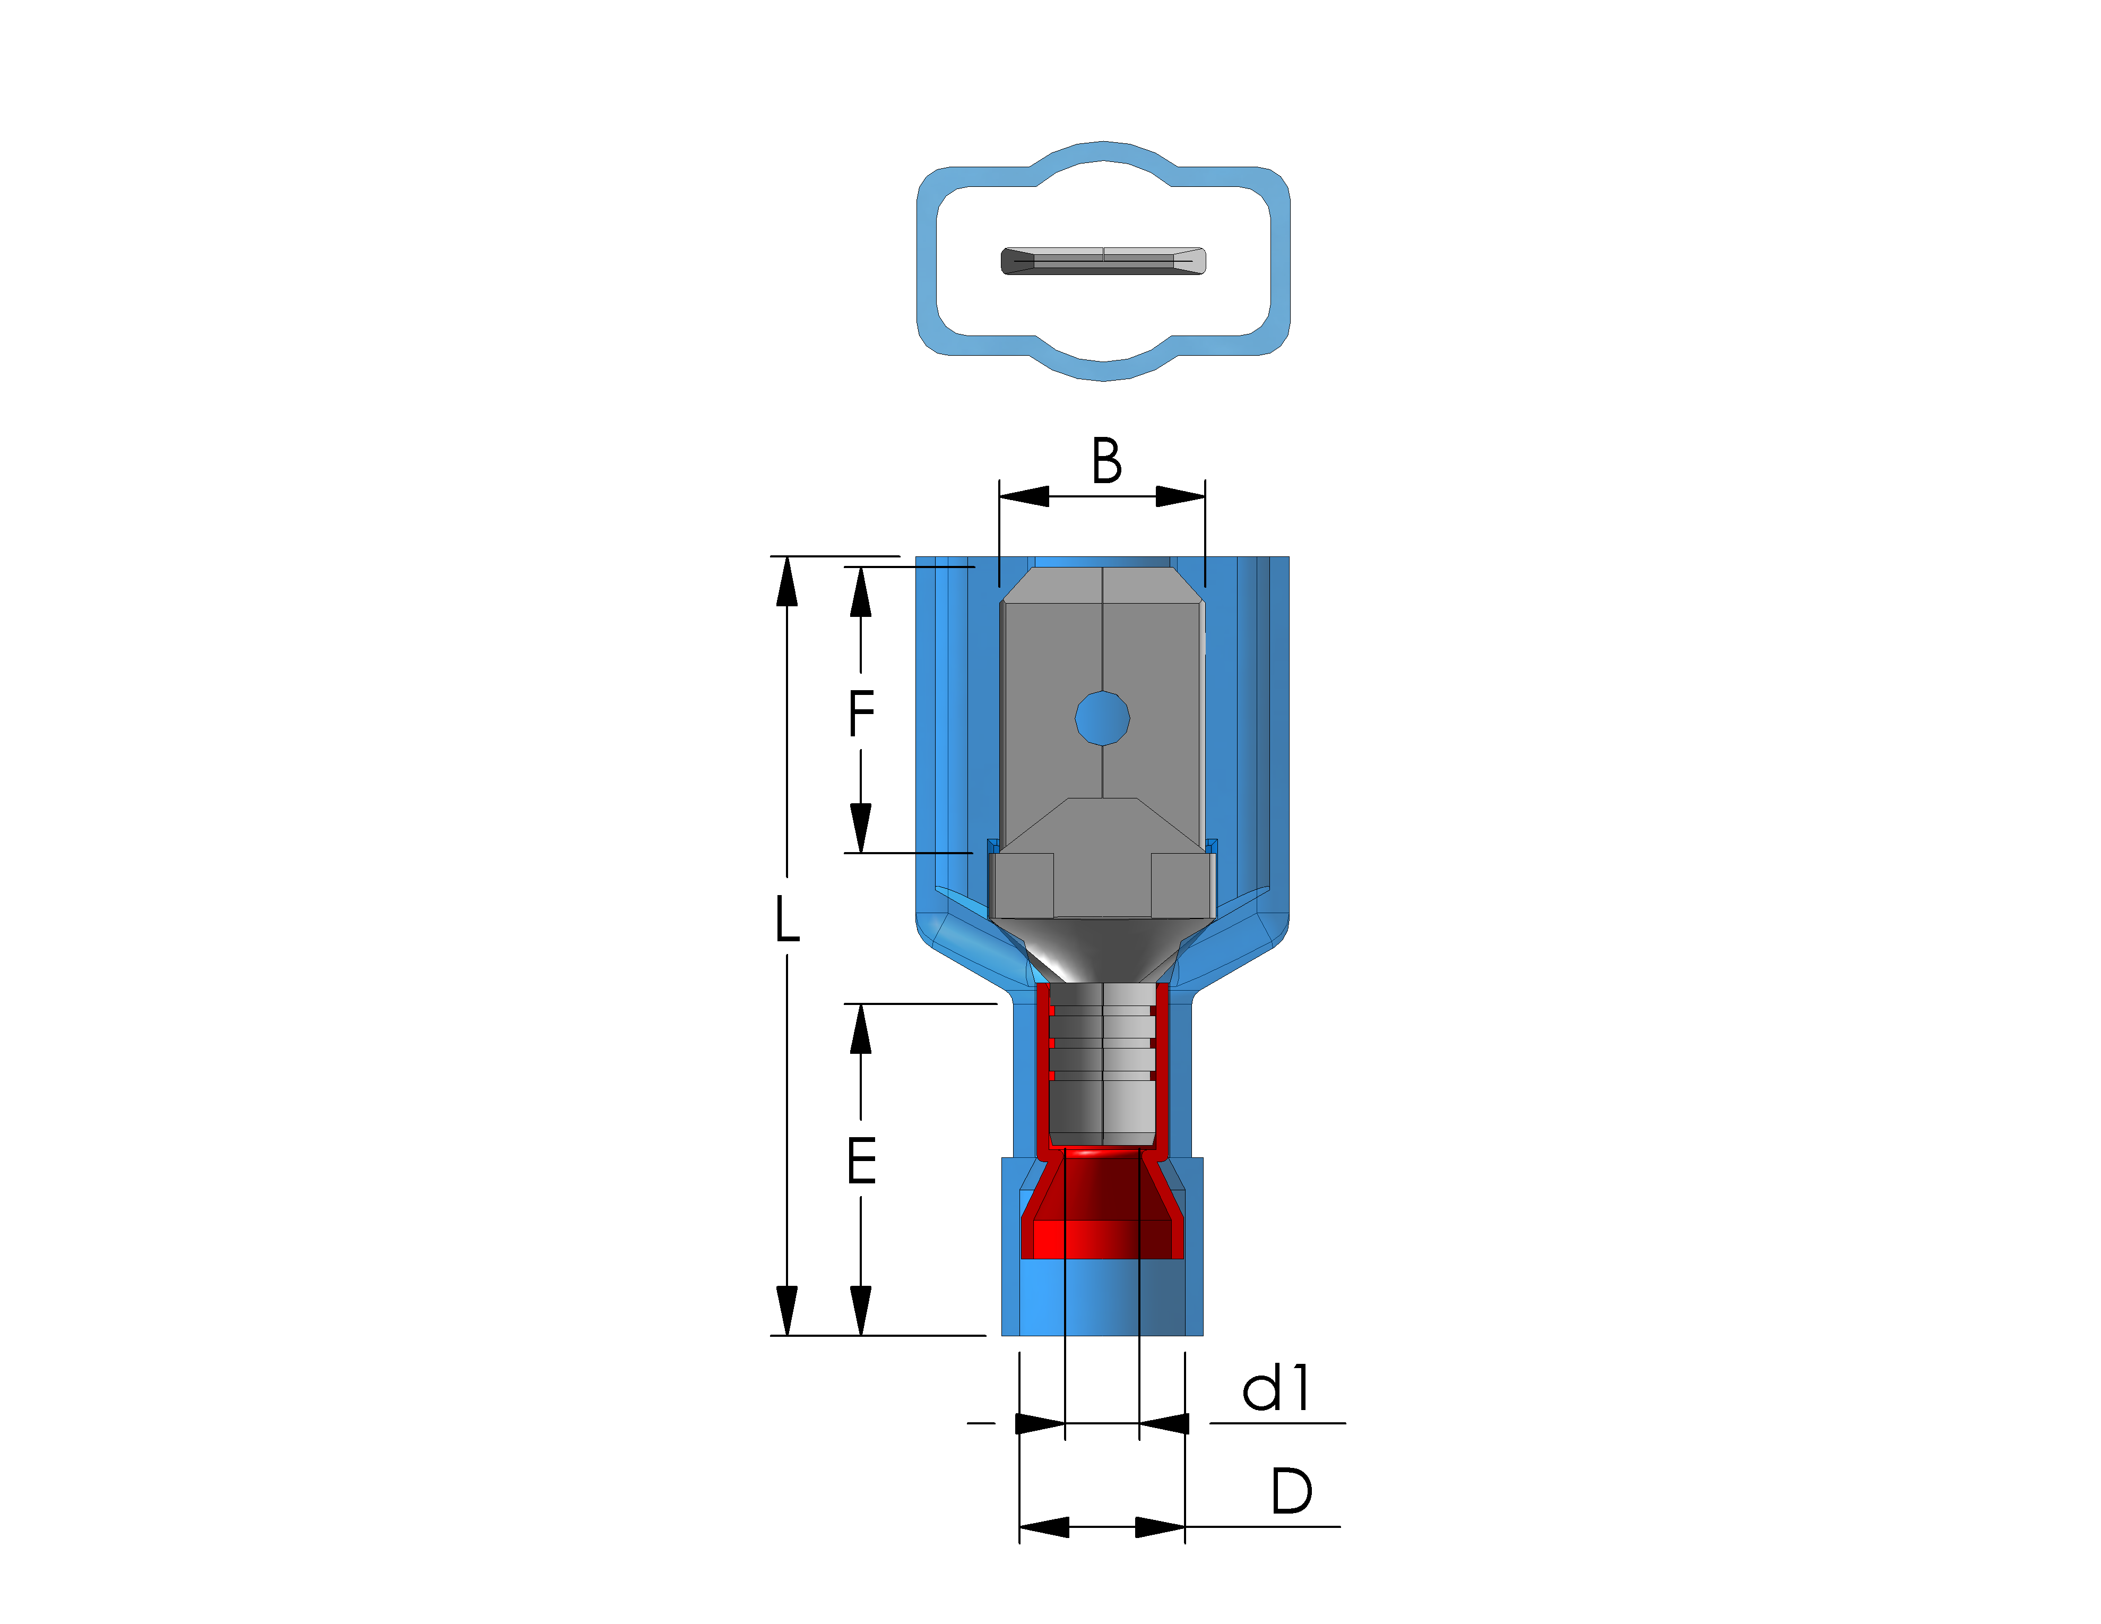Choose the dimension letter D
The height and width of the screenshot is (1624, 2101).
tap(1291, 1491)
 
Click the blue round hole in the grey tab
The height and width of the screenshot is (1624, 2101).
tap(1102, 718)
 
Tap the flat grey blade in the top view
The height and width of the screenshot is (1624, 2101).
tap(1103, 261)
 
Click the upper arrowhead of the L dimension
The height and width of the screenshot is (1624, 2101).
tap(787, 581)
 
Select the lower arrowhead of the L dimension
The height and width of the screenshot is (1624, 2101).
tap(787, 1310)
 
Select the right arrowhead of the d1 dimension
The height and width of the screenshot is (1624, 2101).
tap(1164, 1423)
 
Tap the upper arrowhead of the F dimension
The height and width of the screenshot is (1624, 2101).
tap(861, 592)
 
